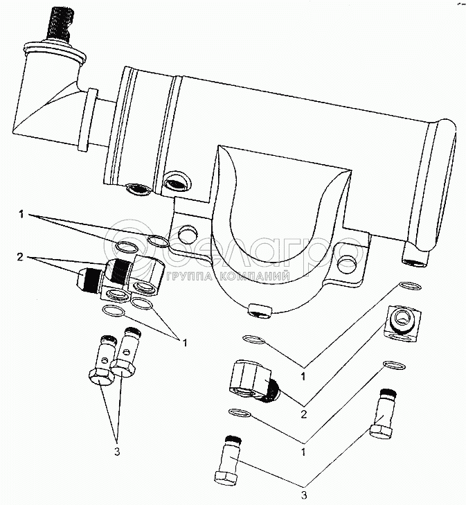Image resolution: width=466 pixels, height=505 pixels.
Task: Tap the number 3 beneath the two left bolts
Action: [117, 453]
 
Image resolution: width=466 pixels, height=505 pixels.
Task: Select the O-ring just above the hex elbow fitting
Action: [254, 339]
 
